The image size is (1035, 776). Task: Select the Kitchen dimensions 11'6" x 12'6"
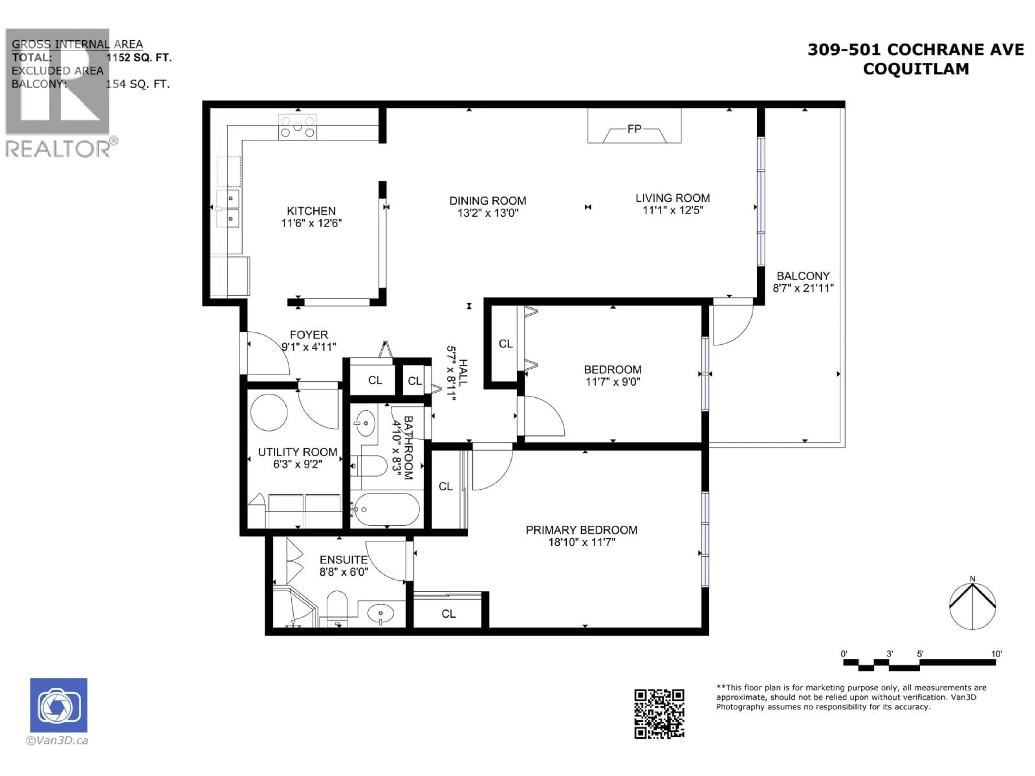[311, 223]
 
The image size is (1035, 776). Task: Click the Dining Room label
[488, 201]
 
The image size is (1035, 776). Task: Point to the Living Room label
[672, 198]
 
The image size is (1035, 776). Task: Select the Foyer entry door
[267, 353]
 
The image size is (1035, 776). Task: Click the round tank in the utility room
[269, 412]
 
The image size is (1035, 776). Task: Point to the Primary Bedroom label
[581, 530]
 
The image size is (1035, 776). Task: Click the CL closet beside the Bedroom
[505, 344]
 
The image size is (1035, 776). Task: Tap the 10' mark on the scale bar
[996, 654]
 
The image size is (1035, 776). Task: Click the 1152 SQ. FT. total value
[139, 58]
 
